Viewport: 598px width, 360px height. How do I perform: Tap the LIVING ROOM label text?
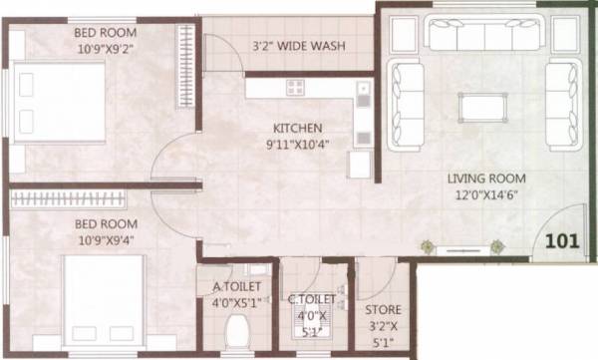[486, 180]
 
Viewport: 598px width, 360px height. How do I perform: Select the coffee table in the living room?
[483, 105]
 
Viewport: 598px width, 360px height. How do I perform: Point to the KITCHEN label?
[298, 128]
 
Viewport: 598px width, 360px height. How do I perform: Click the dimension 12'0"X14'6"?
[486, 195]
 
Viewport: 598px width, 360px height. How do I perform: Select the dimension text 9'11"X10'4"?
[298, 145]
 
